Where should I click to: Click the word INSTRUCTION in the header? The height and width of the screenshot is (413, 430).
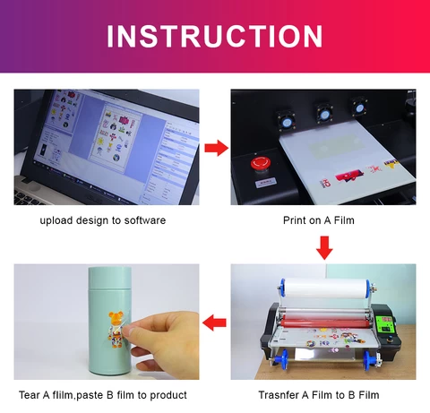(x=215, y=36)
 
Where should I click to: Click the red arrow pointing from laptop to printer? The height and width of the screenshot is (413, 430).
(x=215, y=148)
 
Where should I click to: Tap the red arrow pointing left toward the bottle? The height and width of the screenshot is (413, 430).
(x=215, y=320)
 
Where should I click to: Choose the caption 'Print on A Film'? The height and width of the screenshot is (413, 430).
(x=323, y=220)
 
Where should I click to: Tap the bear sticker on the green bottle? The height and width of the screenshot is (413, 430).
(x=115, y=328)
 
